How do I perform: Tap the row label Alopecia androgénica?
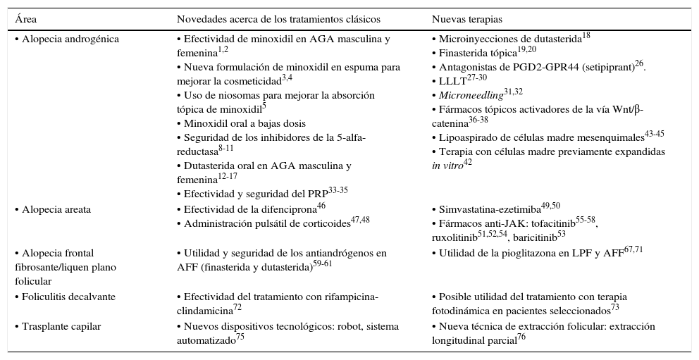[x=67, y=39]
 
